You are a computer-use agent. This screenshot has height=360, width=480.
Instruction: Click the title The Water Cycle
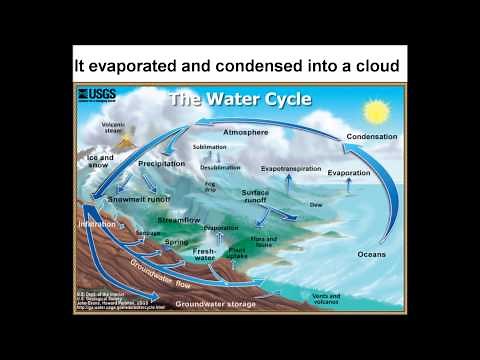click(x=239, y=99)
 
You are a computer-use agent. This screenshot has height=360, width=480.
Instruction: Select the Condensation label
click(x=371, y=136)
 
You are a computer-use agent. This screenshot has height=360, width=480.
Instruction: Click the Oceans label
click(x=371, y=254)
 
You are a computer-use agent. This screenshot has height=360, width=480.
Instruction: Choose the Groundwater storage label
click(x=215, y=302)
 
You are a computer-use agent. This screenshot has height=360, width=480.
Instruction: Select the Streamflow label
click(x=180, y=219)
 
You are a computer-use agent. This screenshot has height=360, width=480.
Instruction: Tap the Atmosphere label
click(x=245, y=131)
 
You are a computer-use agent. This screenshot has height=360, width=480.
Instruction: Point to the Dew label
click(x=316, y=203)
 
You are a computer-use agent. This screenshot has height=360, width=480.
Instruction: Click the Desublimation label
click(x=220, y=167)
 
